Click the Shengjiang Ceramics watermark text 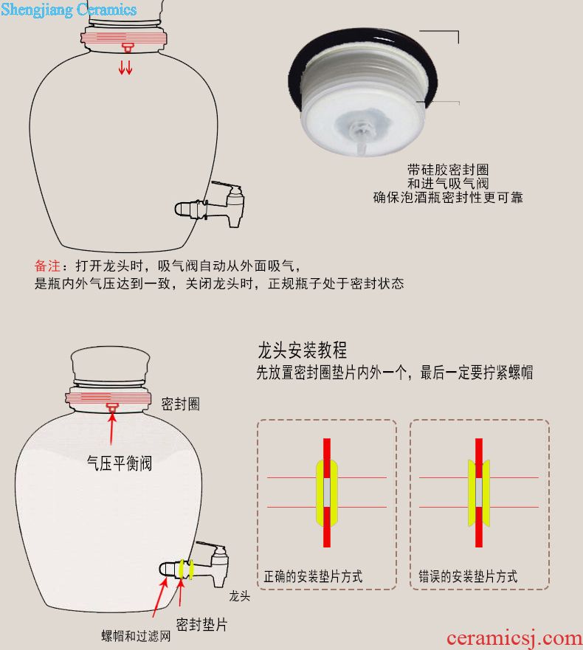[x=69, y=10]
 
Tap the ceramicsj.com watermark [x=514, y=638]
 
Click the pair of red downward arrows [x=125, y=67]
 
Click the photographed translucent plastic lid [x=363, y=93]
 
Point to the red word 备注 [x=47, y=266]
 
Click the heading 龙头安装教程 [x=303, y=350]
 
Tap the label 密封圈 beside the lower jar [x=180, y=404]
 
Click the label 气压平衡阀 [x=120, y=463]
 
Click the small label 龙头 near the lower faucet [x=240, y=596]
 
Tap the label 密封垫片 [x=202, y=624]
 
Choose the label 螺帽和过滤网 [x=136, y=636]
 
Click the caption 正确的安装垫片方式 [x=313, y=576]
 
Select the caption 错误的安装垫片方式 [x=468, y=576]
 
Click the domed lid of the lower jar [x=110, y=364]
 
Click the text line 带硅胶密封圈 [x=448, y=169]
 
